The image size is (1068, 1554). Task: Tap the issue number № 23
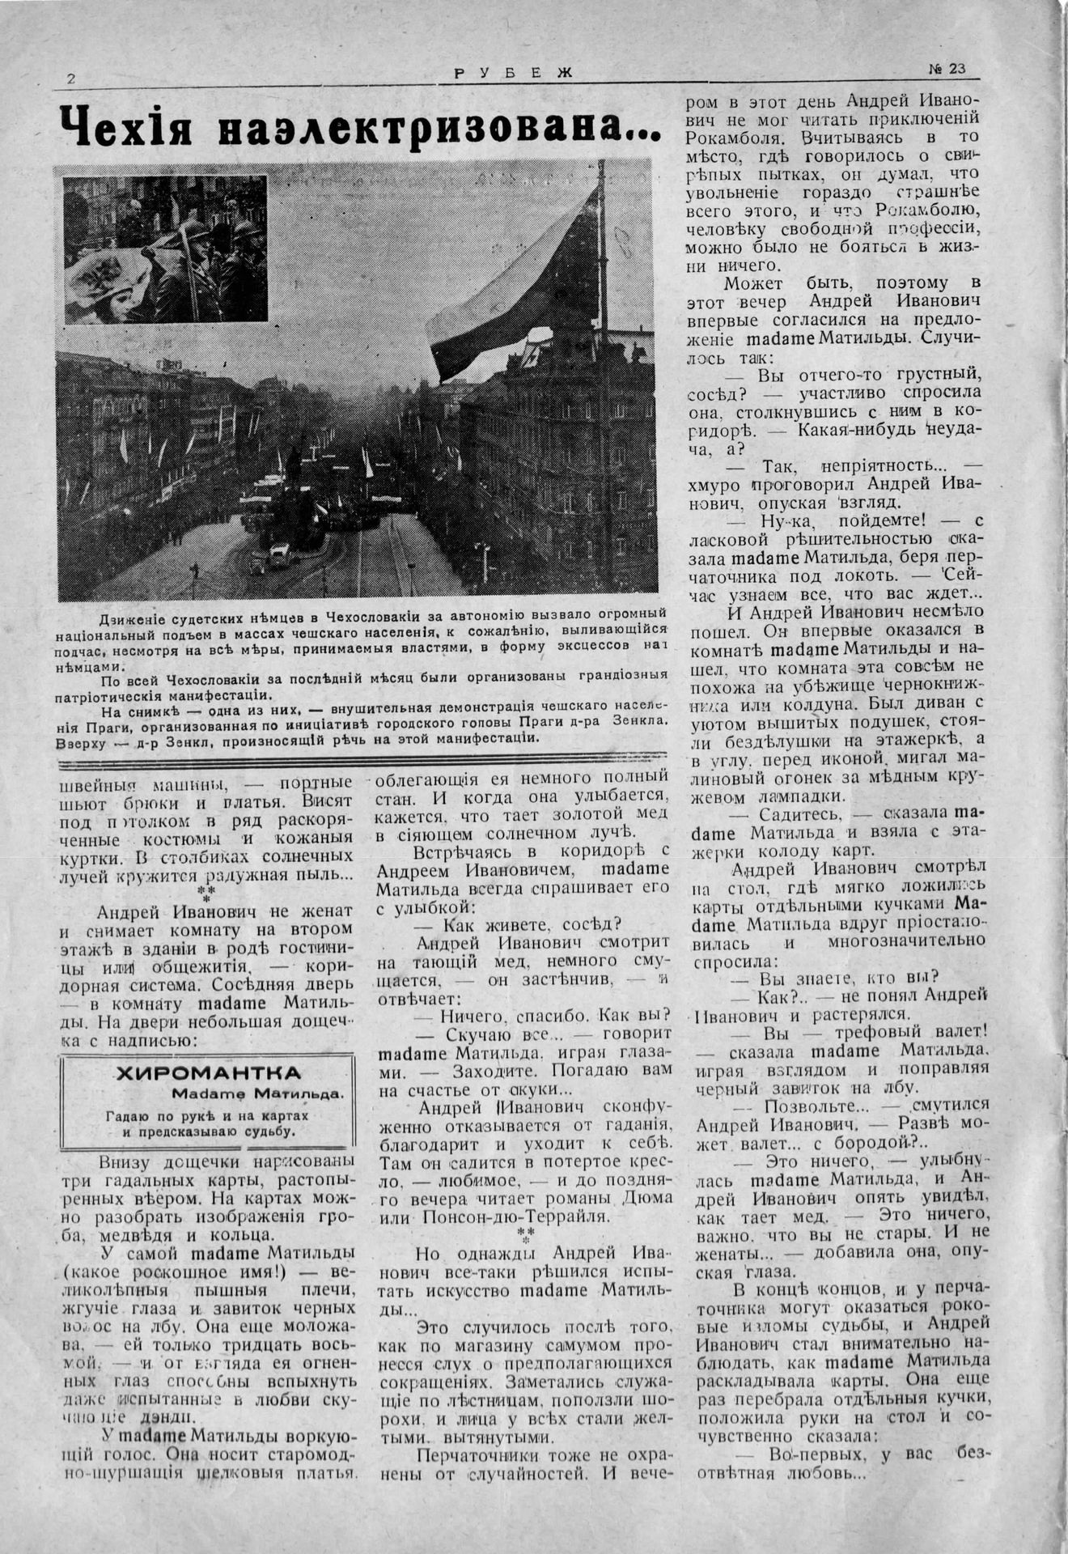(946, 70)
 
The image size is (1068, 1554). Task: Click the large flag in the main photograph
(518, 291)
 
